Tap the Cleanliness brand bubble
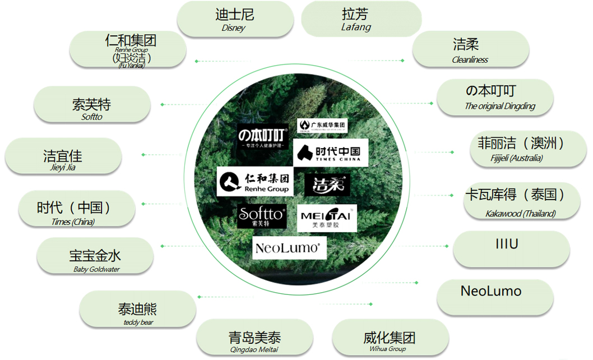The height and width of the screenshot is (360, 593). click(470, 49)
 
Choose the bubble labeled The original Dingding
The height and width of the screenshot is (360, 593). click(494, 97)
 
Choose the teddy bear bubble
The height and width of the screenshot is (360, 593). click(138, 310)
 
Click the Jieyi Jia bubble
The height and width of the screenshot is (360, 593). click(63, 156)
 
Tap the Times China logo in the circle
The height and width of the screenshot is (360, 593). click(330, 153)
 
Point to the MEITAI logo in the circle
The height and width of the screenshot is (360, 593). click(326, 219)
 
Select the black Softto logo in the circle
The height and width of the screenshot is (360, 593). click(262, 217)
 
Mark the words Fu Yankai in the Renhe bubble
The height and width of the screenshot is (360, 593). click(132, 65)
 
